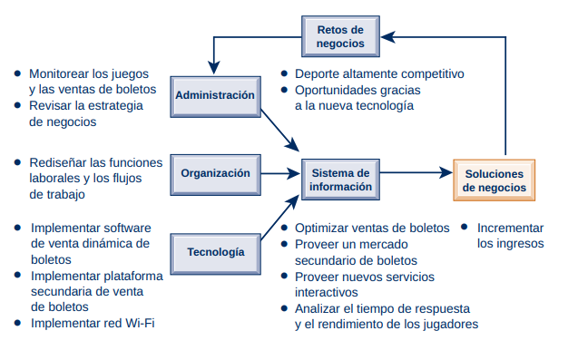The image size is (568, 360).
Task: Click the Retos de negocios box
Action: click(340, 36)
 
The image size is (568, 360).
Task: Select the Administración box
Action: click(214, 95)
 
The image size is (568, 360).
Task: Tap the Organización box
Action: click(214, 173)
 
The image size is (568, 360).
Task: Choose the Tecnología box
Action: click(214, 251)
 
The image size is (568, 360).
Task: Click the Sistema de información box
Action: click(340, 180)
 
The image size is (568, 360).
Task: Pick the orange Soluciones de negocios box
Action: click(494, 180)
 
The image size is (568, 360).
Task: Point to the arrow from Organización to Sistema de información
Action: click(279, 172)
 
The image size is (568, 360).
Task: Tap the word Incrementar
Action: click(510, 228)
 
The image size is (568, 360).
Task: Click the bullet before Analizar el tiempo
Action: click(285, 308)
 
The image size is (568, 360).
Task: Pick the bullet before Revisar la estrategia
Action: click(17, 105)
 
